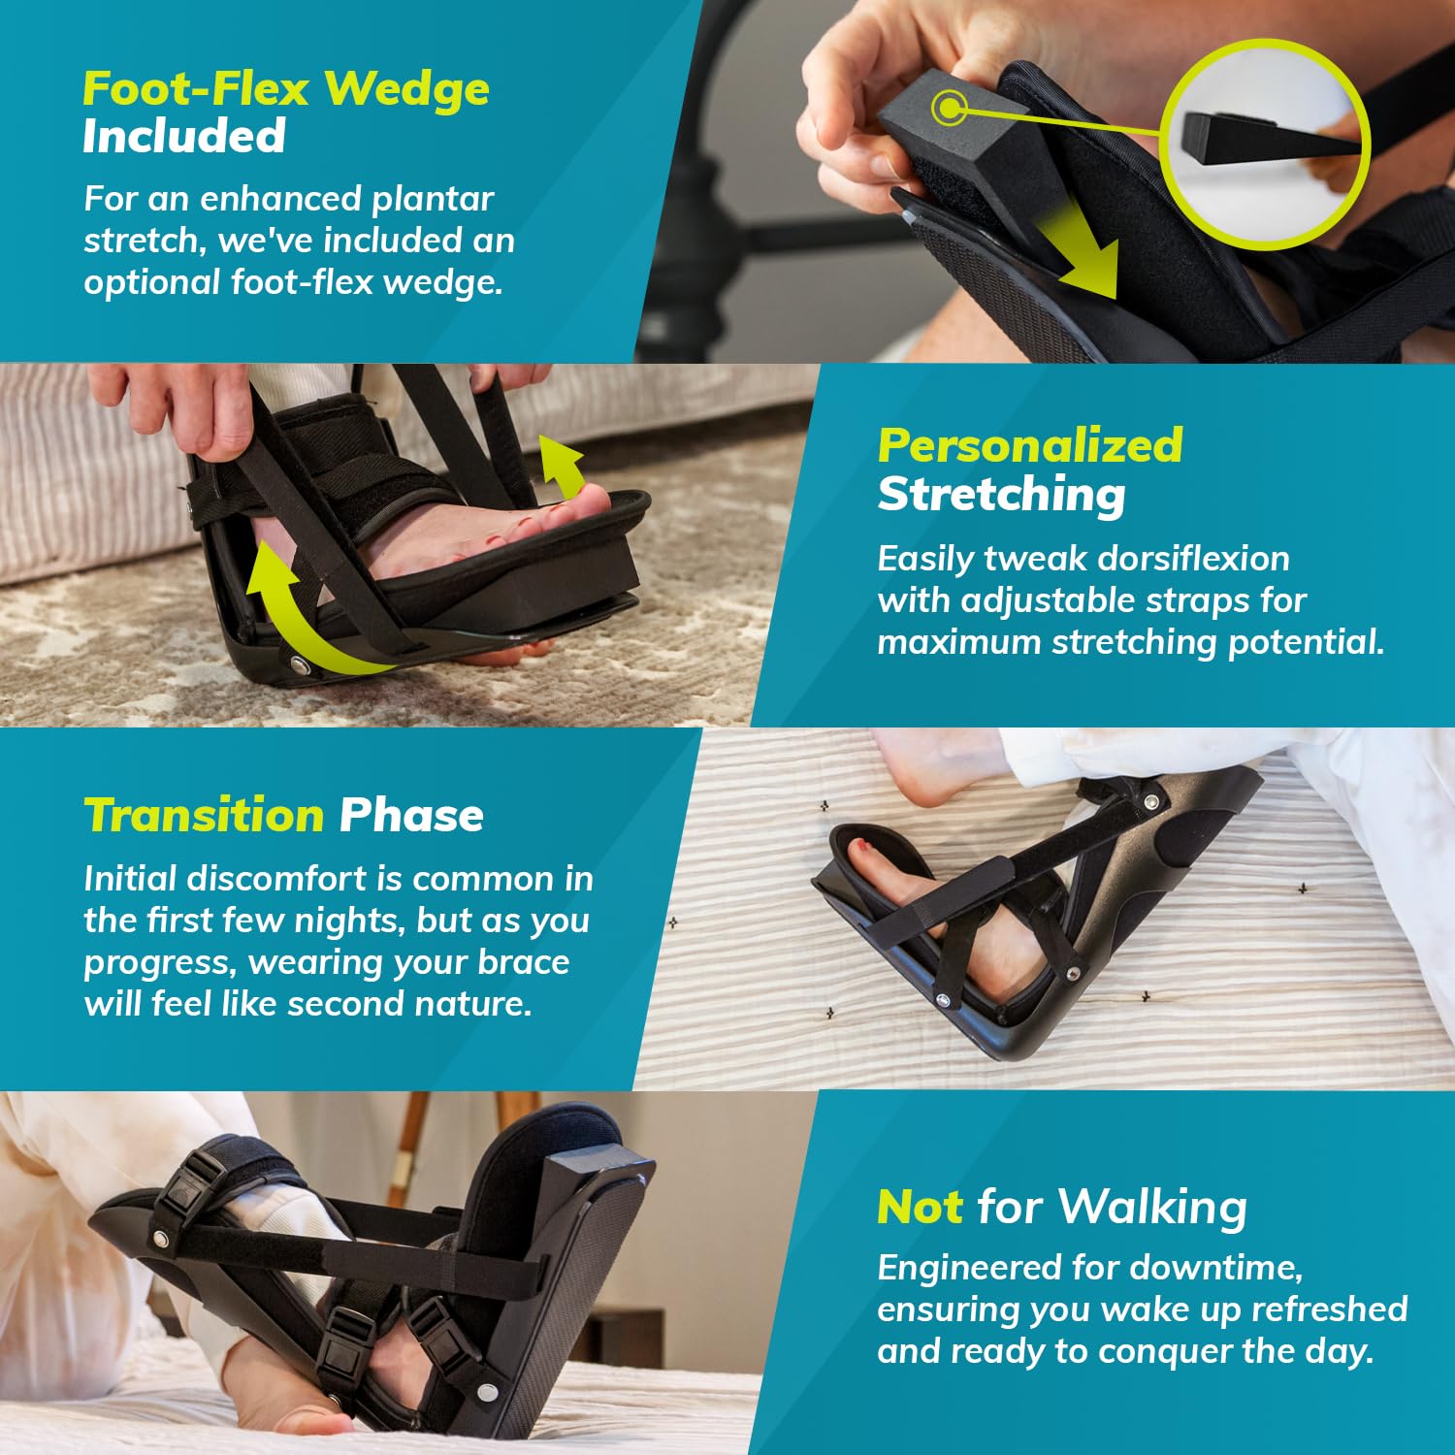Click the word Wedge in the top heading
pos(406,89)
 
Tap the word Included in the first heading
pos(183,136)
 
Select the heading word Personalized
pos(1029,446)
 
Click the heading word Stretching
pos(1001,494)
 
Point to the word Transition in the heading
pos(203,815)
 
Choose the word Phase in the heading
pos(411,815)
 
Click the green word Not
pos(919,1208)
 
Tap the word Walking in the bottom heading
pos(1151,1208)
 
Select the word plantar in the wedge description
pos(433,199)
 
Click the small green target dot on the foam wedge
pos(948,107)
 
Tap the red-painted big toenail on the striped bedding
pos(857,847)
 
